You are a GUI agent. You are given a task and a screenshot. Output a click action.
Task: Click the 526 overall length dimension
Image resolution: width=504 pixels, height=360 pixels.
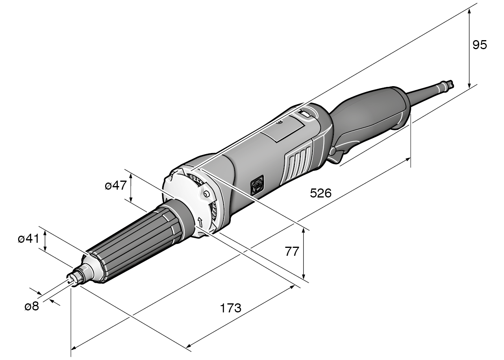(x=321, y=193)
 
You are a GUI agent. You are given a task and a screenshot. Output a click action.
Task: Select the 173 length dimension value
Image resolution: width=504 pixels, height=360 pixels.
(x=230, y=308)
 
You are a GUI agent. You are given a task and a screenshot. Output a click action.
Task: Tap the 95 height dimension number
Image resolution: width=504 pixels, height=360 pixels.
(x=480, y=45)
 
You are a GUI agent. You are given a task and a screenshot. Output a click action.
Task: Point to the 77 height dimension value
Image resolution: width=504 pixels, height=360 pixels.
(x=292, y=251)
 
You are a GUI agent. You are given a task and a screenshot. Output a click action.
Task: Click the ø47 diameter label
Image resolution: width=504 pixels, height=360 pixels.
(x=115, y=186)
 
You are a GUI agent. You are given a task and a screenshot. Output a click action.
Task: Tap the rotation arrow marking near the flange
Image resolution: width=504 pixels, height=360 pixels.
(x=200, y=222)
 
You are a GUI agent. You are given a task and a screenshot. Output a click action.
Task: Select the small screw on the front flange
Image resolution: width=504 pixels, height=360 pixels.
(x=206, y=194)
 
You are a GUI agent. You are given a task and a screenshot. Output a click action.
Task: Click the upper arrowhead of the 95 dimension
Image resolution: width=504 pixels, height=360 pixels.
(x=469, y=9)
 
